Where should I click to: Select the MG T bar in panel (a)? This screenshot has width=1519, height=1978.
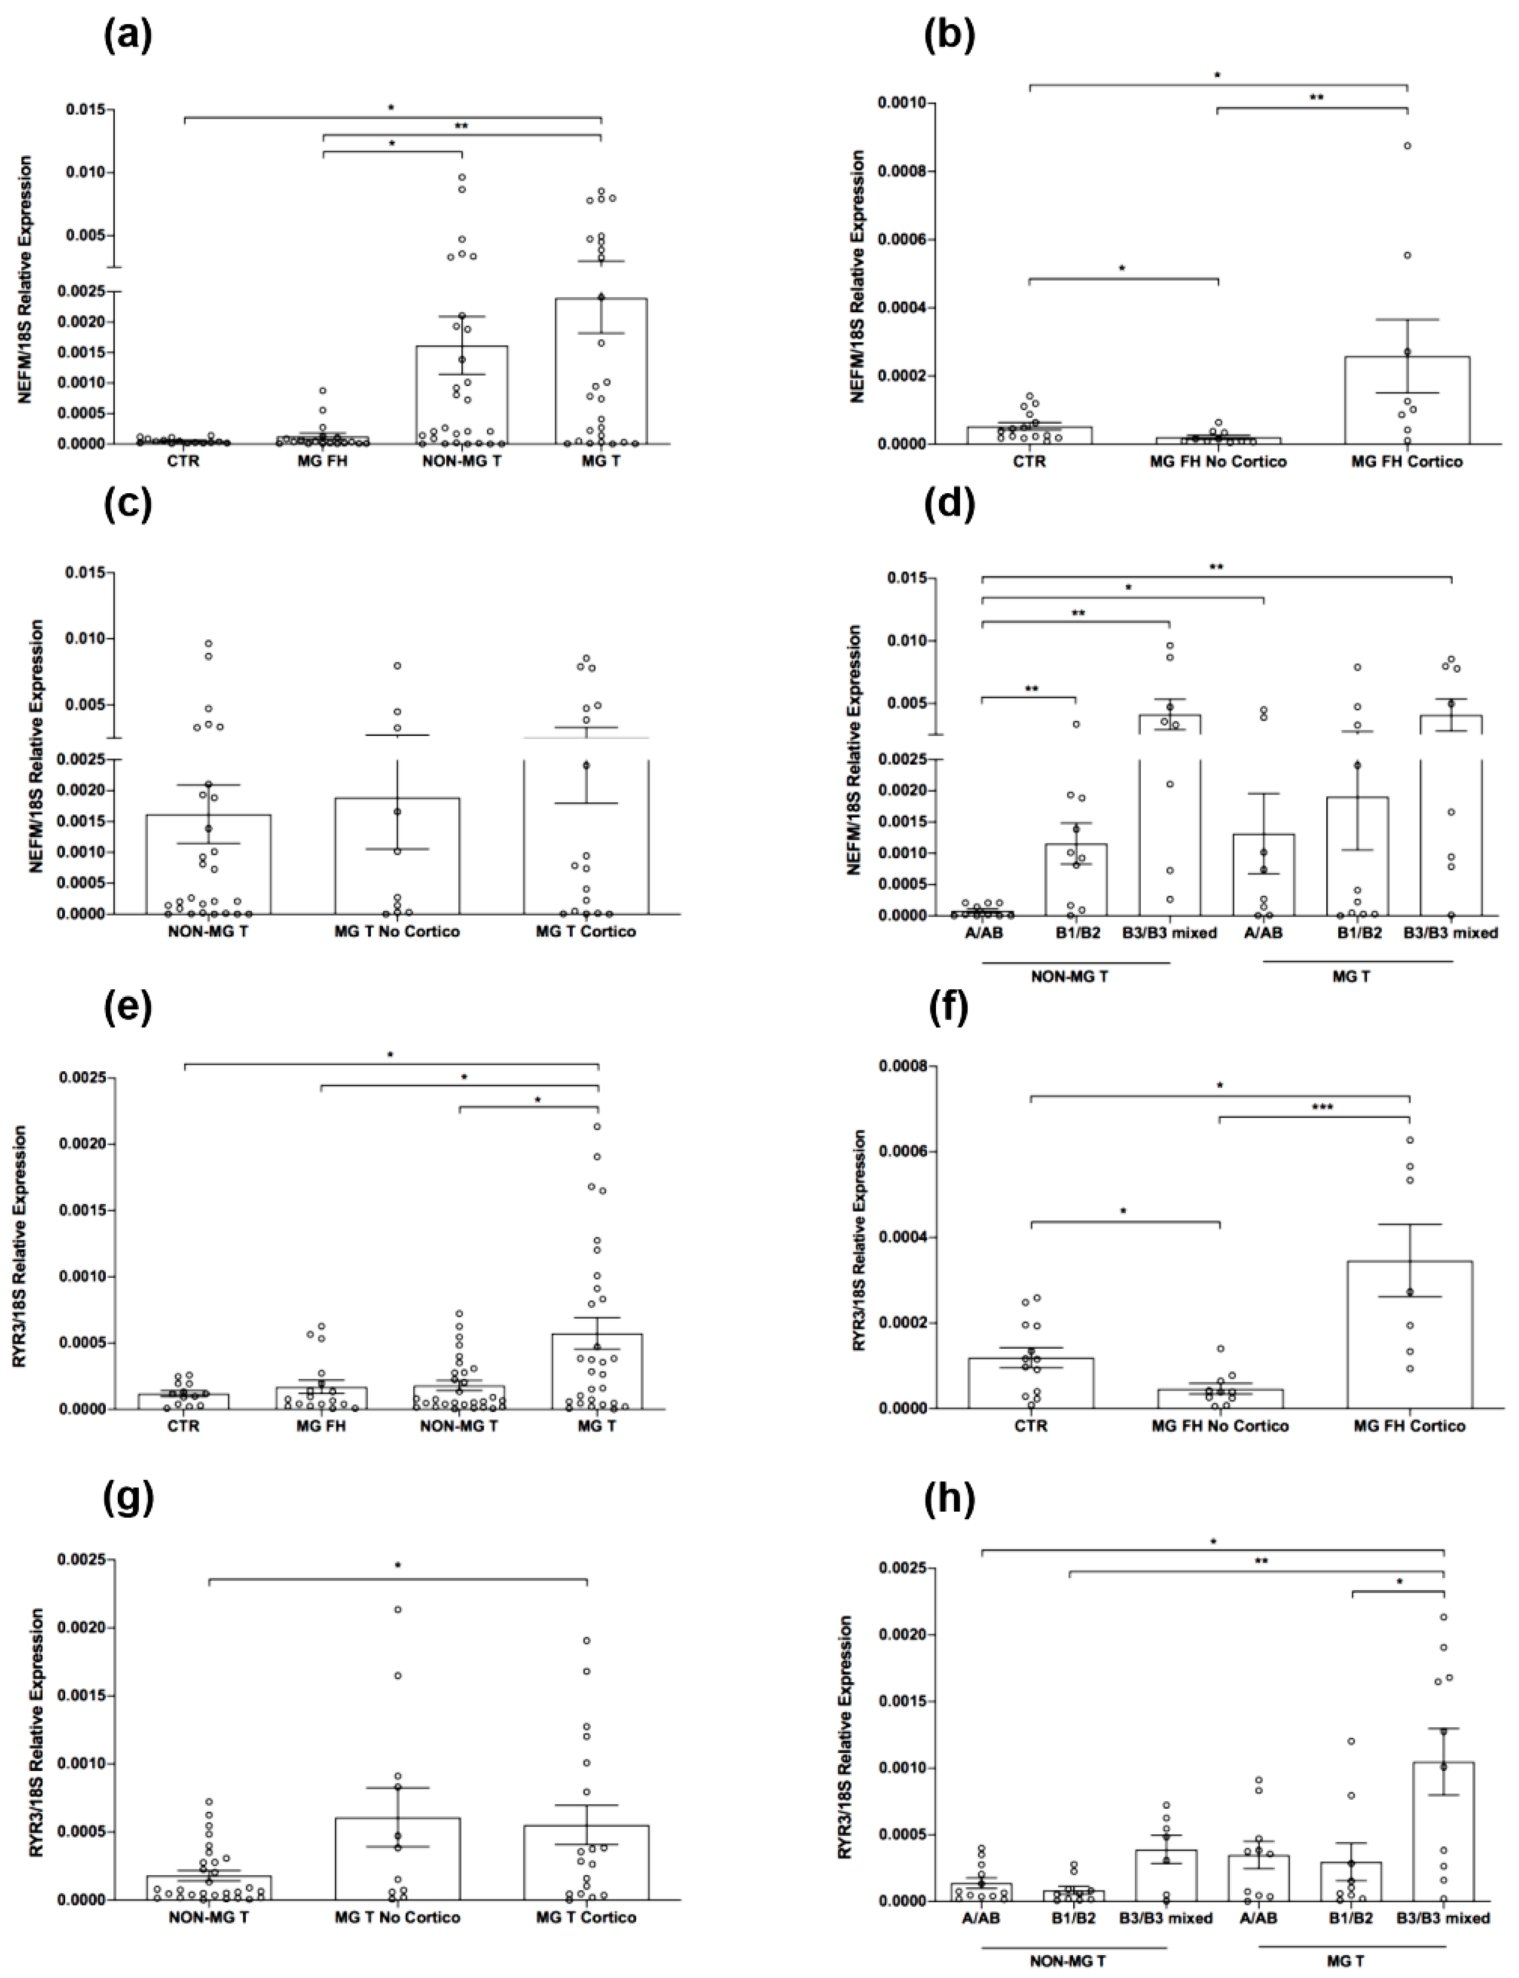[601, 371]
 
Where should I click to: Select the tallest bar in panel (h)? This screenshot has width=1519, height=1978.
[1443, 1830]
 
